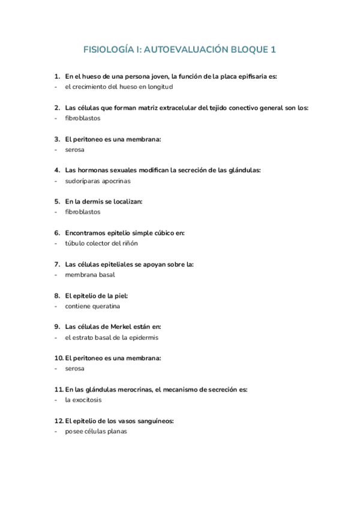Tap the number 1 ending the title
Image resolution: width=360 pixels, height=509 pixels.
273,50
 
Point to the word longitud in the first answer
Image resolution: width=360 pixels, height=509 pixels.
158,87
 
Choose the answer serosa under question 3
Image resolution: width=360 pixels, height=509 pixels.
75,149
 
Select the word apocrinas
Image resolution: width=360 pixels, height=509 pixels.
114,181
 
